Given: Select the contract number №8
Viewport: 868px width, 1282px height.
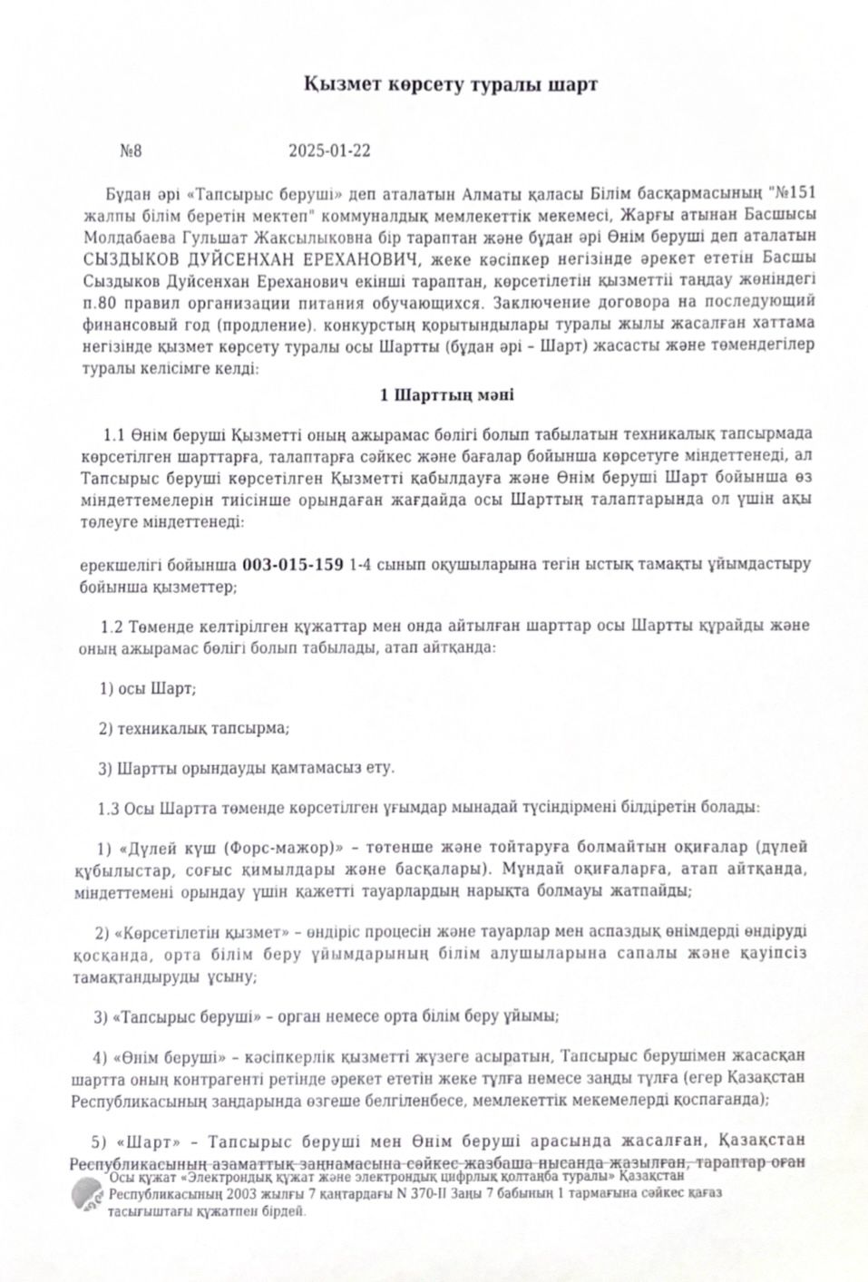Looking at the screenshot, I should (x=131, y=151).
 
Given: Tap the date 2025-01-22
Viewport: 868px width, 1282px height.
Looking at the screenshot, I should (x=329, y=151).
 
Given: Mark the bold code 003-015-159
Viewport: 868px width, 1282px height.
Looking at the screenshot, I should (x=292, y=565).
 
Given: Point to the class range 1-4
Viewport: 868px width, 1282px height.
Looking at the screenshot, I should (x=362, y=565).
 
